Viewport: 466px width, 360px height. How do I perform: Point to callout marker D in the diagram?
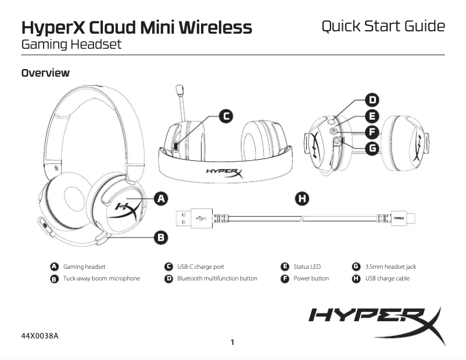[372, 100]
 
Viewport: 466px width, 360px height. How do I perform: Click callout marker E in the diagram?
[372, 116]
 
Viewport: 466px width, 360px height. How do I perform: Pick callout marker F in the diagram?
[372, 132]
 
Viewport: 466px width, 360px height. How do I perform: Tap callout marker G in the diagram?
[372, 148]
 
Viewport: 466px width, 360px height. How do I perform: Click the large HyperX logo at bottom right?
[375, 323]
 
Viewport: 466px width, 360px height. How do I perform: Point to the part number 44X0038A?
[40, 336]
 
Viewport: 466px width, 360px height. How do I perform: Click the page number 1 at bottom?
[232, 343]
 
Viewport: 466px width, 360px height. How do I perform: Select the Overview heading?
[45, 73]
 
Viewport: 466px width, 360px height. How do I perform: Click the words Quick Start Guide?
[383, 26]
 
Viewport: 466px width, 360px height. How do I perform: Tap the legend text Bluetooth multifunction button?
[217, 279]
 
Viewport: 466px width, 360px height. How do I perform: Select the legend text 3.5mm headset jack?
[390, 267]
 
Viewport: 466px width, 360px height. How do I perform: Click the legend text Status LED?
[307, 267]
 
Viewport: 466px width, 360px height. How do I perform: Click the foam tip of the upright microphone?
[180, 90]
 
